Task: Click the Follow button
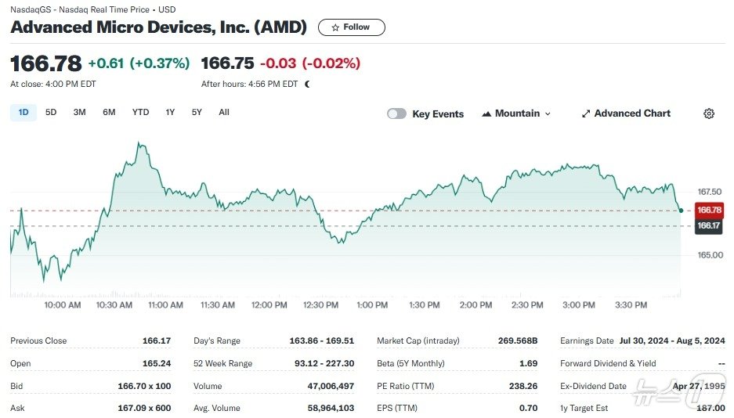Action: [x=351, y=27]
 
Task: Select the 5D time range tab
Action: [x=51, y=113]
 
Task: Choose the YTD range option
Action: [x=140, y=113]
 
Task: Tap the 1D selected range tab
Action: [x=24, y=113]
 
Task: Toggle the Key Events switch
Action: [x=397, y=114]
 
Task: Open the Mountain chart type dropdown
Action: [x=516, y=114]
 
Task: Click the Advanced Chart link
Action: [x=625, y=114]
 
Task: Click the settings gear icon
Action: [x=709, y=114]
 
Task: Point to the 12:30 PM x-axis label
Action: [x=321, y=305]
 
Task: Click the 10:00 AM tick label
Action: [x=63, y=305]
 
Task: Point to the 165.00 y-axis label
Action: [x=709, y=255]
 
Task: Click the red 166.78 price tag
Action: [x=709, y=210]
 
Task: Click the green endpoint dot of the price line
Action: [x=681, y=211]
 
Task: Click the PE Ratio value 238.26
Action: [x=522, y=386]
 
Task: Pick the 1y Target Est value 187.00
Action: [x=710, y=409]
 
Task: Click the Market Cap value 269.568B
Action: [x=518, y=341]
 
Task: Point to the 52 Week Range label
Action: [x=223, y=363]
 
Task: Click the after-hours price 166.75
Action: [x=227, y=63]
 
